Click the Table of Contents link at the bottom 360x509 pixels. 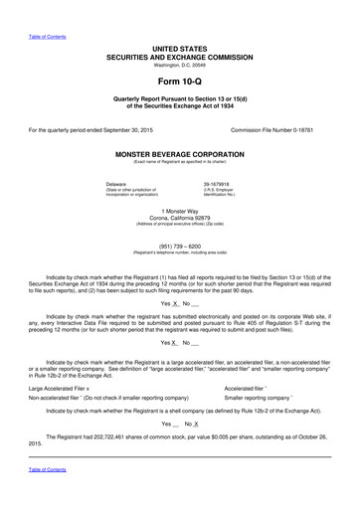[47, 496]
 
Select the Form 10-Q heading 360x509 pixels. [180, 84]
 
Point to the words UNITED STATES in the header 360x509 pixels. [180, 47]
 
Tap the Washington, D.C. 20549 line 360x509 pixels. [180, 65]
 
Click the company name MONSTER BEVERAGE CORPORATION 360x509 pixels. [180, 156]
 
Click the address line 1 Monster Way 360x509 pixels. [179, 211]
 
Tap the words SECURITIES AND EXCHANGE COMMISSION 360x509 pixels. [180, 56]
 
